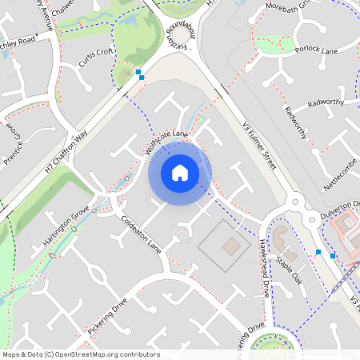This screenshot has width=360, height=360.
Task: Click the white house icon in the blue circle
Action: point(180,173)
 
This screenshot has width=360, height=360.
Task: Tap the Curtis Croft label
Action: point(96,56)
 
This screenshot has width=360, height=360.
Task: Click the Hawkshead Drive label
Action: point(263,269)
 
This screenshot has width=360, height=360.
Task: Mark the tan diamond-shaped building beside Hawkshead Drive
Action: point(230,245)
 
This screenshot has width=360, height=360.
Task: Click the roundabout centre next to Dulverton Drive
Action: point(298,202)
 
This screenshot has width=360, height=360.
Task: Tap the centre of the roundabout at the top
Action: point(182,36)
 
